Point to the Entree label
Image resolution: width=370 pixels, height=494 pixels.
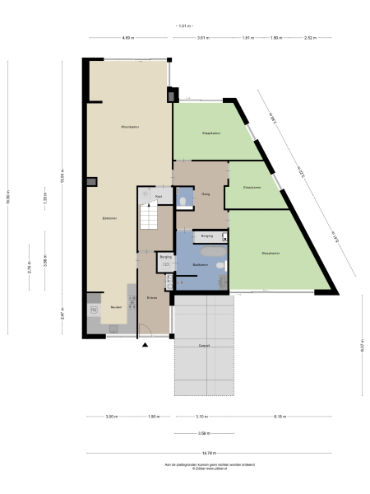pos(152,297)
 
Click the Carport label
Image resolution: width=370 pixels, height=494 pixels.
pos(203,346)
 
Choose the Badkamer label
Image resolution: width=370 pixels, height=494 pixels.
pos(199,264)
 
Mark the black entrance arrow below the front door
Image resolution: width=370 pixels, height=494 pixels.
pos(145,344)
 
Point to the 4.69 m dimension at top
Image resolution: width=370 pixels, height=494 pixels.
pos(127,38)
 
